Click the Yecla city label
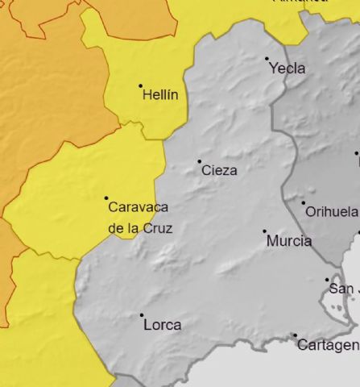[289, 69]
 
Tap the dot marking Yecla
[267, 58]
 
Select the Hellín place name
[159, 95]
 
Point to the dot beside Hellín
[140, 85]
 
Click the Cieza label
[219, 170]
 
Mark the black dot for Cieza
[200, 161]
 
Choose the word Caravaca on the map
[140, 206]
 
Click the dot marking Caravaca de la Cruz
[106, 198]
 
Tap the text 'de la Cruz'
[139, 228]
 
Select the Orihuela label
[332, 212]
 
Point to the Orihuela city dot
[304, 202]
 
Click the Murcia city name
[288, 240]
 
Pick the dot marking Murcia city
[265, 231]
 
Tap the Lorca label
[162, 325]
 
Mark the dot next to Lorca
[142, 315]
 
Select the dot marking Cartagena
[295, 335]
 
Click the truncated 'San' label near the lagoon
[342, 289]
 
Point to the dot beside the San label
[327, 280]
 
